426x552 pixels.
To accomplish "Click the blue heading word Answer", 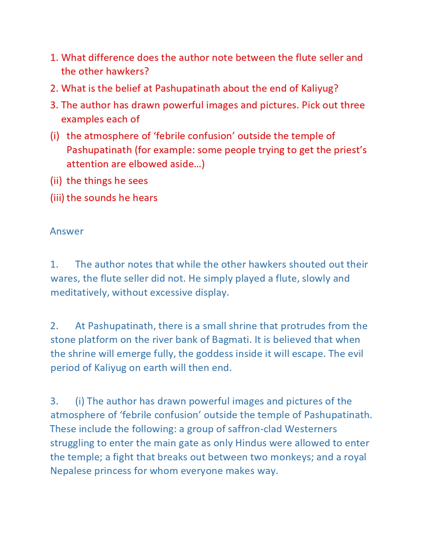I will click(66, 231).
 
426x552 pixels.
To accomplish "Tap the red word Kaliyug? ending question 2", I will click(320, 88).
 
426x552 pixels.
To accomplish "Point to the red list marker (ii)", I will click(56, 181).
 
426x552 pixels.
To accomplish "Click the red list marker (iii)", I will click(57, 198).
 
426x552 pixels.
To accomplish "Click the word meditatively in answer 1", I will click(80, 292).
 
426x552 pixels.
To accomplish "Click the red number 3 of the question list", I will click(53, 105).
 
